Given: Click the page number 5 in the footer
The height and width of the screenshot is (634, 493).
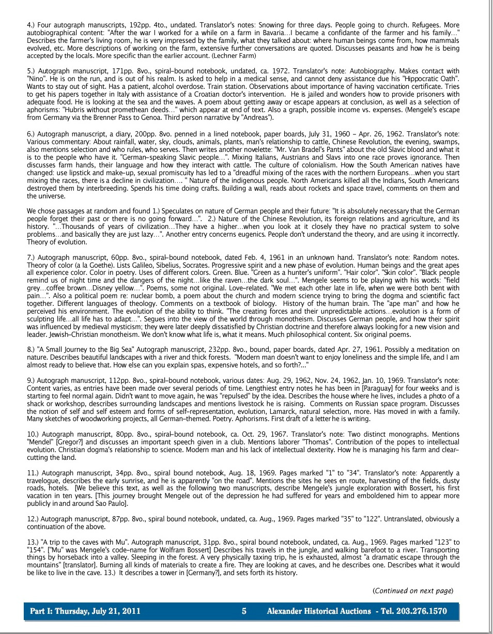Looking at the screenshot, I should pos(244,612).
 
